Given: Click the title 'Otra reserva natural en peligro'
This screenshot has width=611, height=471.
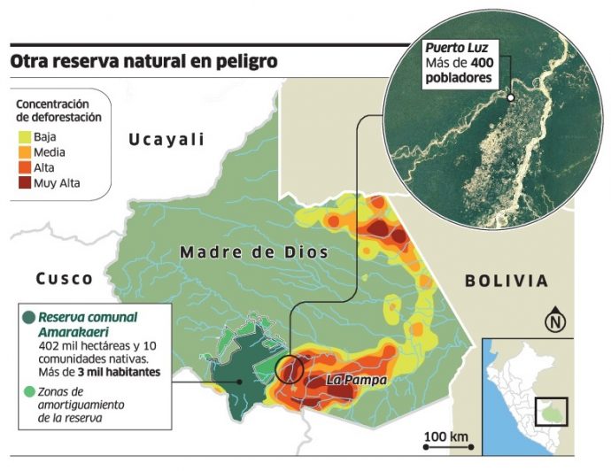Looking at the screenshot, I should (143, 62).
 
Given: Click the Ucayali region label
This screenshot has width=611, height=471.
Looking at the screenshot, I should (166, 139).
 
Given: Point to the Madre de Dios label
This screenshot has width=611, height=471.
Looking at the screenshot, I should (254, 252).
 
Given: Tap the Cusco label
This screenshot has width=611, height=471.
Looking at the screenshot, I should (65, 279).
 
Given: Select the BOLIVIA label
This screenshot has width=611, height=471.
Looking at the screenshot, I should (507, 281).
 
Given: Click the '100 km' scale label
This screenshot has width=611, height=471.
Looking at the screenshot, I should (446, 436).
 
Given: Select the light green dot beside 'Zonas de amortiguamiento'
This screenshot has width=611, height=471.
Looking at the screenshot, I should (30, 390).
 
